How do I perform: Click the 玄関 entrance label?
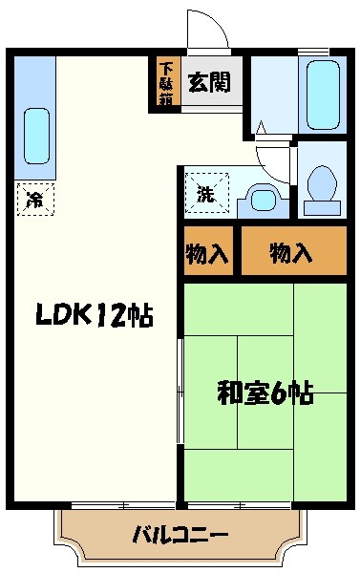(x=208, y=81)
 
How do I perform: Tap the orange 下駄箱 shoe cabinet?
(x=167, y=82)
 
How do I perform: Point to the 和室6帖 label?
(x=265, y=392)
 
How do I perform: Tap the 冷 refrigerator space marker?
(x=35, y=199)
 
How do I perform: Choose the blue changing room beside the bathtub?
(x=274, y=95)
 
